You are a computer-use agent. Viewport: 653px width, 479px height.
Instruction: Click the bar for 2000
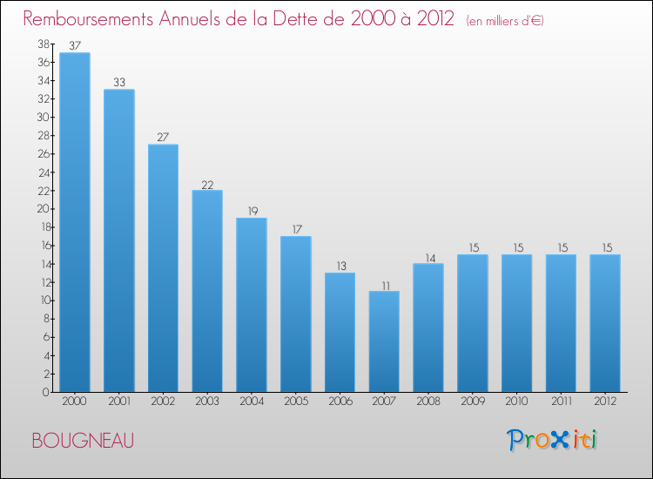[75, 222]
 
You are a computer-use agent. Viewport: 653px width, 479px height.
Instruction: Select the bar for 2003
[207, 291]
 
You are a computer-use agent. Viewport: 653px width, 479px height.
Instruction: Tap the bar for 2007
[384, 341]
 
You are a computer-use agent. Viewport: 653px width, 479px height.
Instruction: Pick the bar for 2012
[605, 323]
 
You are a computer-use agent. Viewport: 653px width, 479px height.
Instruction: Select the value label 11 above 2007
[384, 285]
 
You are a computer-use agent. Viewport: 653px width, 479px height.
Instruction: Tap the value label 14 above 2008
[428, 257]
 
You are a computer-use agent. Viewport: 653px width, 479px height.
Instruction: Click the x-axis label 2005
[296, 402]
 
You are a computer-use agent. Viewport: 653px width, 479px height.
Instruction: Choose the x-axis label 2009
[473, 402]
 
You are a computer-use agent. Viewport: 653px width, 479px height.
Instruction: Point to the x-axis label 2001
[119, 402]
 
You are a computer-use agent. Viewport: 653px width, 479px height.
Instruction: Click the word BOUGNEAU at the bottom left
[83, 442]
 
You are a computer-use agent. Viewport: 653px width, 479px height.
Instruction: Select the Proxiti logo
[553, 440]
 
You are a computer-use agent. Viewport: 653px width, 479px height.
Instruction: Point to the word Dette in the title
[304, 19]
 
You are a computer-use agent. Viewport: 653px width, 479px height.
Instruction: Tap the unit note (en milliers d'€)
[504, 21]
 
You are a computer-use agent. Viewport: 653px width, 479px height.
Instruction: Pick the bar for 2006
[340, 333]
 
